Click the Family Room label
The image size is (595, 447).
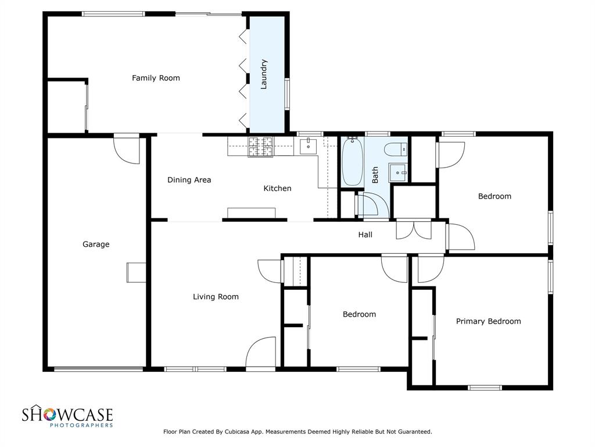pyautogui.click(x=156, y=78)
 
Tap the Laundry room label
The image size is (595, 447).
pyautogui.click(x=264, y=74)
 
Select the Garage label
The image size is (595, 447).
pyautogui.click(x=96, y=244)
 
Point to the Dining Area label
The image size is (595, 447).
pyautogui.click(x=189, y=180)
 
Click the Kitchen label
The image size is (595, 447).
pyautogui.click(x=277, y=188)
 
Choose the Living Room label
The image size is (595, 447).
pyautogui.click(x=216, y=297)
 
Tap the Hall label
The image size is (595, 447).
pyautogui.click(x=365, y=235)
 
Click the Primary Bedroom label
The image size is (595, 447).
pyautogui.click(x=488, y=321)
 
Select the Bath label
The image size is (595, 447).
pyautogui.click(x=375, y=175)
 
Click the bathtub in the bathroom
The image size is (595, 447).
pyautogui.click(x=352, y=161)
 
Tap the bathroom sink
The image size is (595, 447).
pyautogui.click(x=398, y=172)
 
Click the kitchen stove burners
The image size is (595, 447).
pyautogui.click(x=261, y=147)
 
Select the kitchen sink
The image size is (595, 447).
pyautogui.click(x=307, y=146)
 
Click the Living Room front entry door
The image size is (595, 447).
pyautogui.click(x=260, y=354)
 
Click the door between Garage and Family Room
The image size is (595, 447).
pyautogui.click(x=127, y=149)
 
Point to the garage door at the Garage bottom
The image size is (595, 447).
pyautogui.click(x=98, y=368)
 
